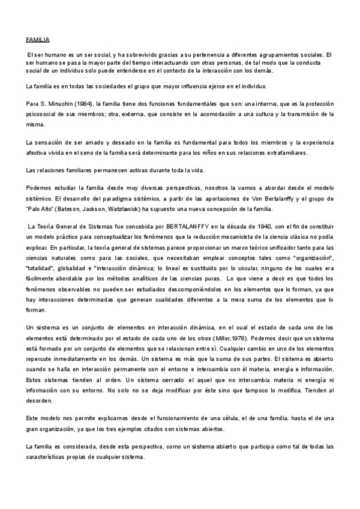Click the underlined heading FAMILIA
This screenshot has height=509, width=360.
(37, 40)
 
